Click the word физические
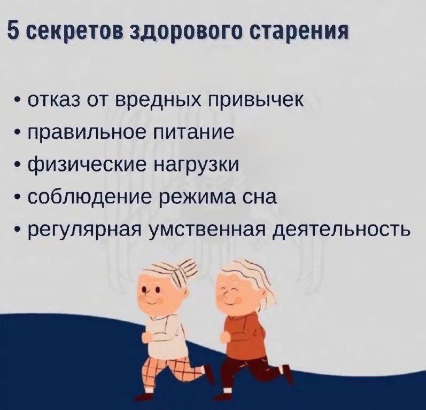87,165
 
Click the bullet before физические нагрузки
18,165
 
